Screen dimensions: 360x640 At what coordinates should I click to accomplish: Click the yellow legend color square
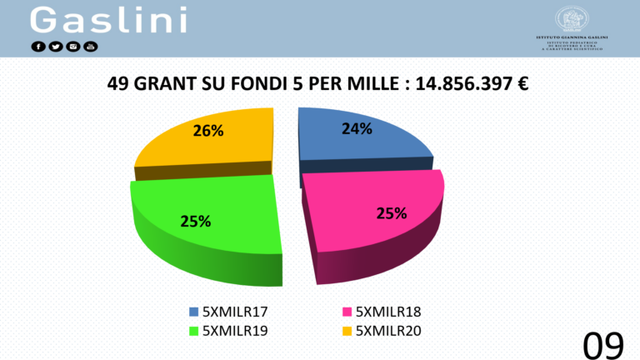coord(347,330)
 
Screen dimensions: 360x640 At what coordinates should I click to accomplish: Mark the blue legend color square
coord(193,312)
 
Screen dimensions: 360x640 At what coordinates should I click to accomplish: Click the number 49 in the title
coord(119,84)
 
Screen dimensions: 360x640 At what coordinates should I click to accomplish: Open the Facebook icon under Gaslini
coord(39,46)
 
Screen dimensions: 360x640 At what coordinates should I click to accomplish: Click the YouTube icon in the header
coord(91,46)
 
